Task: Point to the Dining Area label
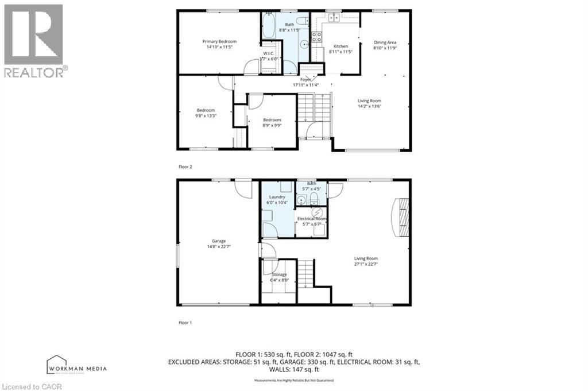pyautogui.click(x=385, y=45)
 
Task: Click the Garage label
pyautogui.click(x=218, y=243)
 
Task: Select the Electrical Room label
pyautogui.click(x=312, y=221)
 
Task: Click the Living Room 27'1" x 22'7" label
pyautogui.click(x=366, y=261)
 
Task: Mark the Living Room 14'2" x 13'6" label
pyautogui.click(x=369, y=103)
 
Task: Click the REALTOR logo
pyautogui.click(x=34, y=40)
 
